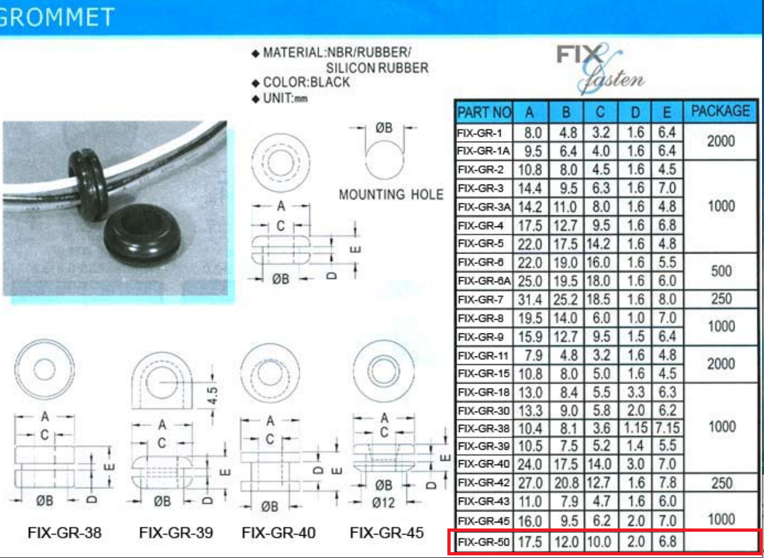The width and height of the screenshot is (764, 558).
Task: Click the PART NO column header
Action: point(483,112)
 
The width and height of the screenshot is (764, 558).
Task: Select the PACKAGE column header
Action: point(720,112)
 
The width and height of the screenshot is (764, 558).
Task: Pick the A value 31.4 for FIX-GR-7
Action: point(529,300)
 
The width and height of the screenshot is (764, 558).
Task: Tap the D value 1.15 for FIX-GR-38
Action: point(635,428)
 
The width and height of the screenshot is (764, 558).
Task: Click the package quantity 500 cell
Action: point(721,272)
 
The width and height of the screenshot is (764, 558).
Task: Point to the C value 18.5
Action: point(600,300)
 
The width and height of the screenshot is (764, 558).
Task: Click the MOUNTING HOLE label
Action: point(391,195)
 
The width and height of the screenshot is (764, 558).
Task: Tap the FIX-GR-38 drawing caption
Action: point(64,533)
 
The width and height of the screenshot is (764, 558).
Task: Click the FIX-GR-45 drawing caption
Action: point(386,533)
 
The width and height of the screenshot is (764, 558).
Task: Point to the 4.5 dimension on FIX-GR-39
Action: point(212,395)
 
